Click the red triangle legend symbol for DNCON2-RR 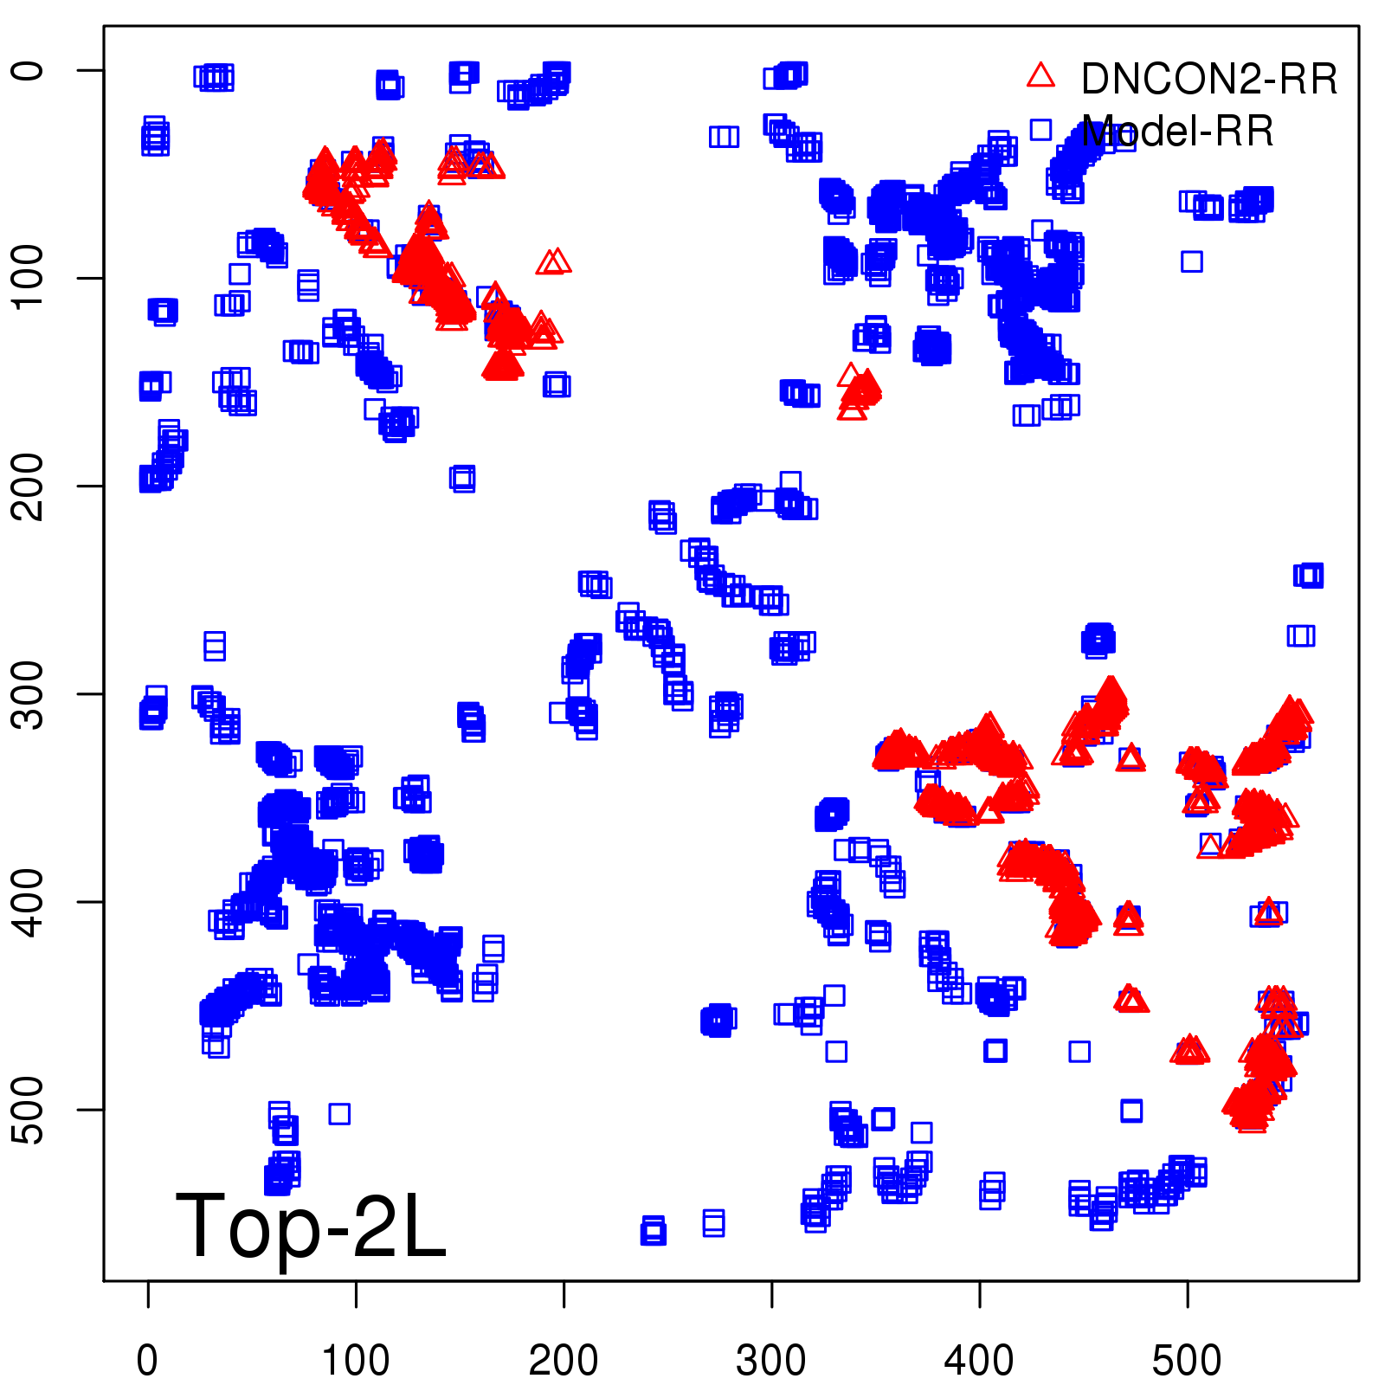click(1040, 76)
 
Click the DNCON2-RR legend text click(1208, 80)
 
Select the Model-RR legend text click(1177, 132)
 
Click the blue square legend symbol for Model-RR click(1040, 130)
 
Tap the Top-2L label click(311, 1226)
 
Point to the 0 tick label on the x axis click(148, 1360)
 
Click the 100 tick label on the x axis click(356, 1360)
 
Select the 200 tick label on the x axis click(564, 1360)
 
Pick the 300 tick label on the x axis click(771, 1360)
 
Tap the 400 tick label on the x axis click(979, 1360)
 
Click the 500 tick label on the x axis click(1187, 1360)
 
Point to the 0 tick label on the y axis click(29, 70)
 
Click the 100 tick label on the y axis click(29, 278)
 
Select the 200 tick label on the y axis click(29, 486)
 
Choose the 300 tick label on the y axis click(29, 693)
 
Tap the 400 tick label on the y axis click(29, 901)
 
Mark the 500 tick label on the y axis click(29, 1109)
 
